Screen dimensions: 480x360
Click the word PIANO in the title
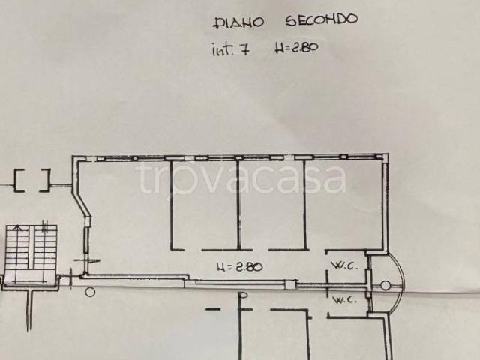[x=238, y=23]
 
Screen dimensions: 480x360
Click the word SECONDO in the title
[x=322, y=19]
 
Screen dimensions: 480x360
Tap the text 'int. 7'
[x=231, y=49]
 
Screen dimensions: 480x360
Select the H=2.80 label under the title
[x=296, y=48]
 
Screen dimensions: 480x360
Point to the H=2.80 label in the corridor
[x=239, y=267]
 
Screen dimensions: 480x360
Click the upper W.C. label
[x=345, y=265]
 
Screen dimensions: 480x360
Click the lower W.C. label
[x=345, y=300]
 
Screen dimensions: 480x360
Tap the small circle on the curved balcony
[x=385, y=286]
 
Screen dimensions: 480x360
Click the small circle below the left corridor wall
[x=90, y=292]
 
